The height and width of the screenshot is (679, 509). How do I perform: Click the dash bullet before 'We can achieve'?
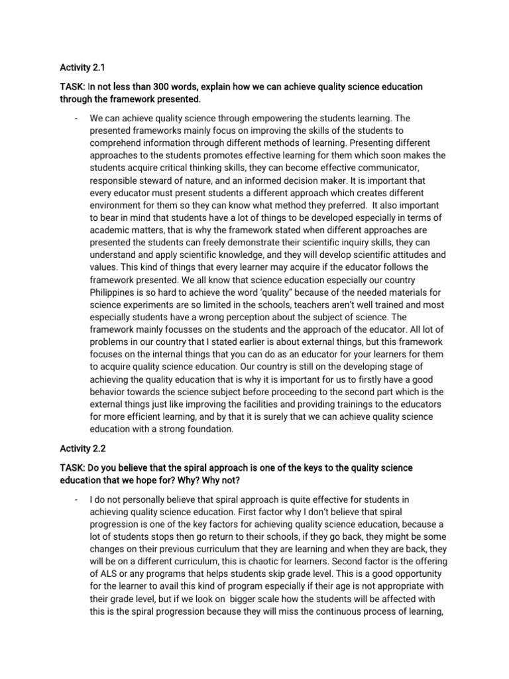78,117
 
